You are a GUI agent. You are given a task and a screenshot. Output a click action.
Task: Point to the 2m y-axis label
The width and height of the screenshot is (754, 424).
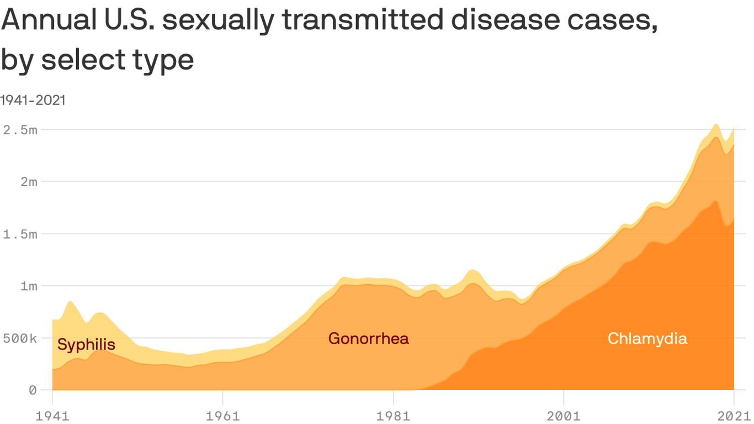point(25,182)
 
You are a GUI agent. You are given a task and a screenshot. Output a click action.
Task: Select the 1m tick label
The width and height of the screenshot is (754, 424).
point(25,286)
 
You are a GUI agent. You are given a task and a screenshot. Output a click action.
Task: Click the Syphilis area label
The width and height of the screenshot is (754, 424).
point(86,345)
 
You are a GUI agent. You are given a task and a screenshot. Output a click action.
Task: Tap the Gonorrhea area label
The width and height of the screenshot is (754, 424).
point(369,338)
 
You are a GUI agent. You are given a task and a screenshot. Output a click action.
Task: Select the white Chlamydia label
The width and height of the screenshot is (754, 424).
point(647,338)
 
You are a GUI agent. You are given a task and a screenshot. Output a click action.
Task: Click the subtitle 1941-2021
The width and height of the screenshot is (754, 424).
point(33,100)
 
